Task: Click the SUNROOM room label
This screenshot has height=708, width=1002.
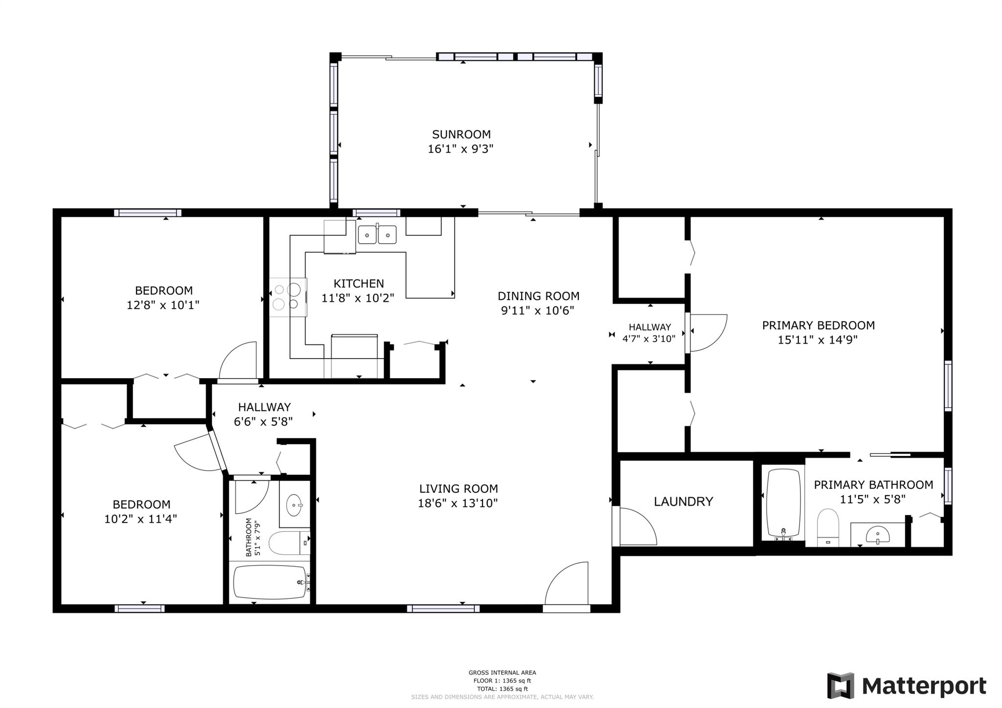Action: (461, 134)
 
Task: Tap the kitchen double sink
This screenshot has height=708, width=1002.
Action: (377, 235)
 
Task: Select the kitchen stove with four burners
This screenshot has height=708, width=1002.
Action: (288, 297)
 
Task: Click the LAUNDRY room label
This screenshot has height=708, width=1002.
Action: (683, 501)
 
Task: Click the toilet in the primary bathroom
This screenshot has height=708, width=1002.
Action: (828, 527)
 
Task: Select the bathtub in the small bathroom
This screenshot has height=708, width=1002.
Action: (271, 582)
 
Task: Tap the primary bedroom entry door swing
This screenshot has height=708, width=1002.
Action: (707, 333)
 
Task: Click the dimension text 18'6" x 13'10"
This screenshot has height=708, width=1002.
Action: (457, 503)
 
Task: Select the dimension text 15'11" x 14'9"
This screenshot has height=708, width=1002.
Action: (818, 340)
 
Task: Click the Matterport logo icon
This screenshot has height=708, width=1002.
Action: (840, 685)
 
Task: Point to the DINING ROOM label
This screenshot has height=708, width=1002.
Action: (538, 296)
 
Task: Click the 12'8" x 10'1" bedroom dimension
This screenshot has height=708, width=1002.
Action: (163, 305)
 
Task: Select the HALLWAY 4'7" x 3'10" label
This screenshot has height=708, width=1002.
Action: (649, 332)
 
